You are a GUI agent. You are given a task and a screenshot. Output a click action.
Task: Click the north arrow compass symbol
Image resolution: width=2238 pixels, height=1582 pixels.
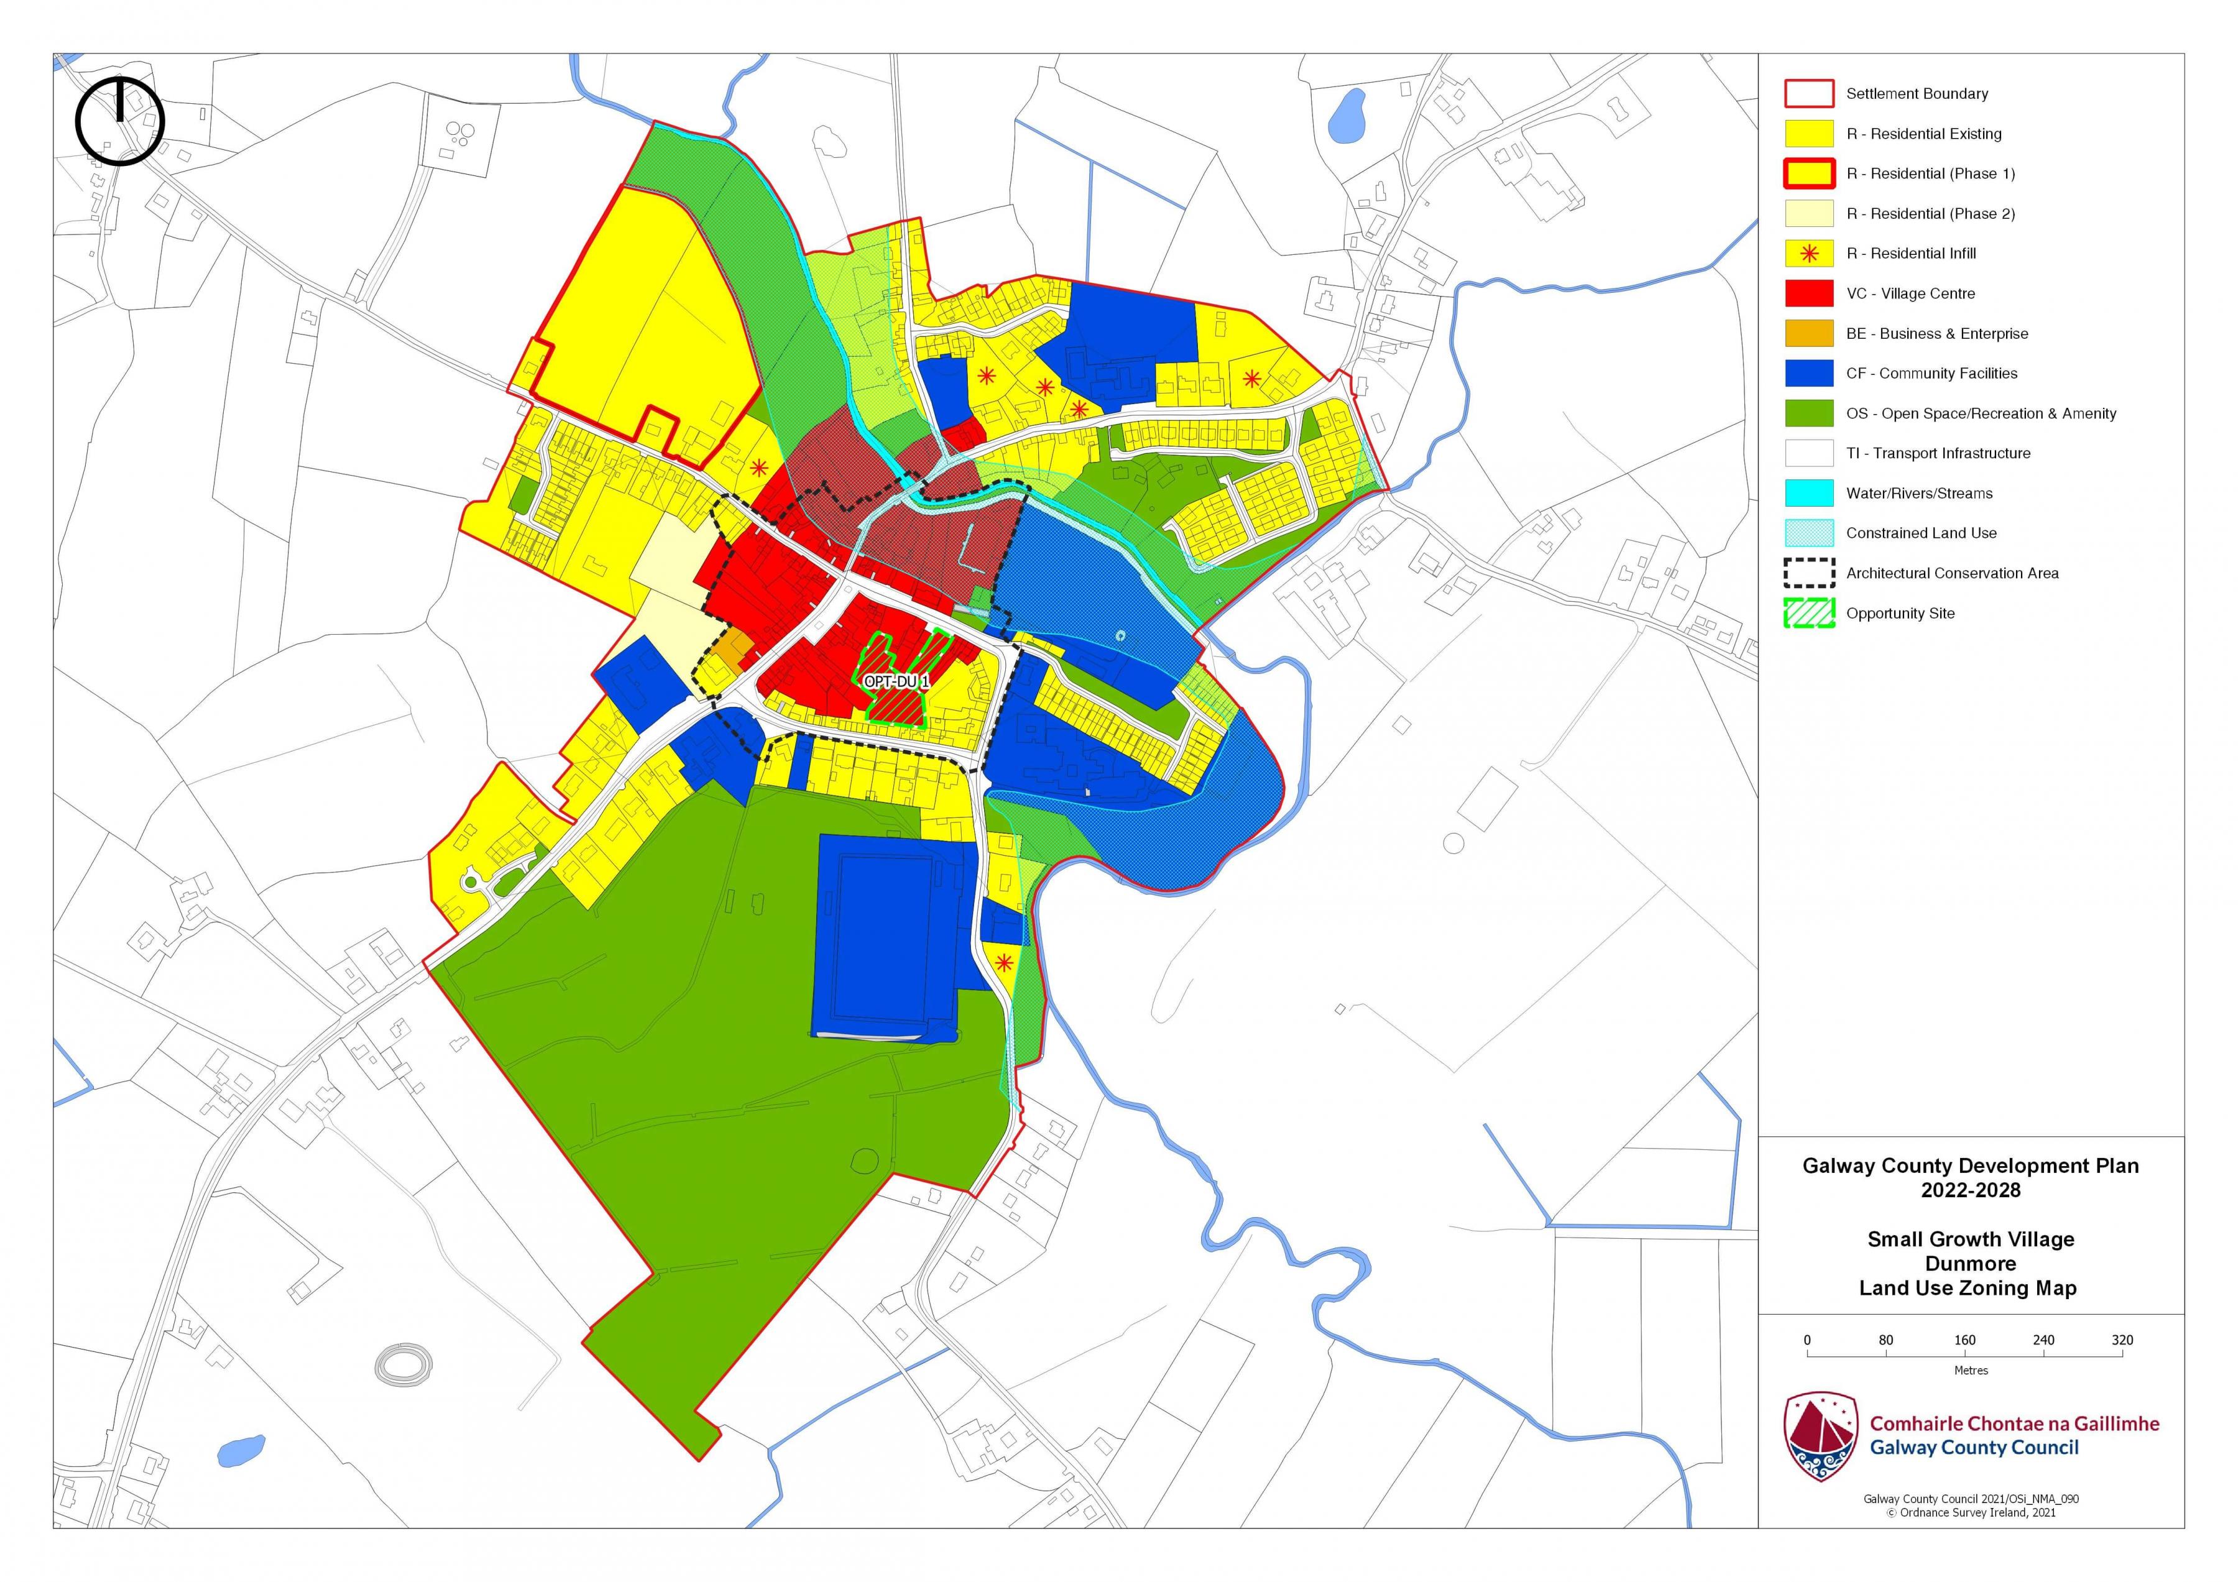[x=120, y=121]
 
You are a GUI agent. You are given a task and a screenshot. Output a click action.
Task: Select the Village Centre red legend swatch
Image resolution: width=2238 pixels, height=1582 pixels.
[x=1808, y=293]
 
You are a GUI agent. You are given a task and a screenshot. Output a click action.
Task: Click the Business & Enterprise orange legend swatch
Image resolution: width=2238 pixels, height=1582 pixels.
[x=1808, y=333]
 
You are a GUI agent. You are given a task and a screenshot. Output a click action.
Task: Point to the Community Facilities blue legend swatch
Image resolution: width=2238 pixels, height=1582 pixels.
[x=1808, y=374]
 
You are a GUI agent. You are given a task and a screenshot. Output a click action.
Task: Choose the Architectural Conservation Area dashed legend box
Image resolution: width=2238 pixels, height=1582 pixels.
[x=1808, y=573]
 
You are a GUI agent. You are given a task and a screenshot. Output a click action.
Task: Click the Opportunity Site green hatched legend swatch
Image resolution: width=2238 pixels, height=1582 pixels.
[x=1808, y=613]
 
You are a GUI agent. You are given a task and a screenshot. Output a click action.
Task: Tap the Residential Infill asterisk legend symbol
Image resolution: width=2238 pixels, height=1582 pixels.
[x=1808, y=254]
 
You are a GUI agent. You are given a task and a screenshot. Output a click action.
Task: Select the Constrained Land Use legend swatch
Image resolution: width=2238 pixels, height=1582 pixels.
[x=1808, y=533]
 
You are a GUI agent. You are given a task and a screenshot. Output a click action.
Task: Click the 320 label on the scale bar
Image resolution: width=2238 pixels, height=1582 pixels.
[x=2122, y=1340]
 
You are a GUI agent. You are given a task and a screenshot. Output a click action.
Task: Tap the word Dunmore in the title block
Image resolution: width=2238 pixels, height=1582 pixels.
[x=1970, y=1263]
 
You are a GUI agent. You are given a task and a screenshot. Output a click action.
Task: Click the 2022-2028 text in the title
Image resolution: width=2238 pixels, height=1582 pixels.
[x=1970, y=1190]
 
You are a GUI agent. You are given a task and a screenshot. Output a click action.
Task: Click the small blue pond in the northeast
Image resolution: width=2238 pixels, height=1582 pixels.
[x=1349, y=114]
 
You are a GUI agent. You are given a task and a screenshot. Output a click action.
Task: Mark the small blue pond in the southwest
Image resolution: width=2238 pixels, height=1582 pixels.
[x=240, y=1450]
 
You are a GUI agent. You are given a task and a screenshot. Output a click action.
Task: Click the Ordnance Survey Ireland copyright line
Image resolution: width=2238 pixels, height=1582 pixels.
[x=1970, y=1513]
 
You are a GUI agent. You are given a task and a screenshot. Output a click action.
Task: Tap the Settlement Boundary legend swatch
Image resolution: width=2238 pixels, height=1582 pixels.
[x=1808, y=94]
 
